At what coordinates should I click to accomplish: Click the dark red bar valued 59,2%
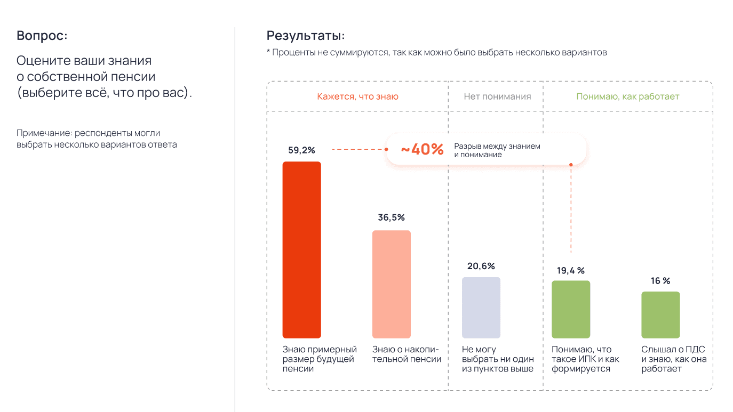pos(301,249)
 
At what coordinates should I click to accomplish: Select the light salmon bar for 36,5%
pos(391,284)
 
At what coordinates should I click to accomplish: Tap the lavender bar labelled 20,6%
pos(481,308)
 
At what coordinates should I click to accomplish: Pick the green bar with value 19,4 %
pos(571,309)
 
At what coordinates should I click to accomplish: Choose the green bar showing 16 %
pos(660,314)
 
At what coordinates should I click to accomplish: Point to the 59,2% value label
pos(301,150)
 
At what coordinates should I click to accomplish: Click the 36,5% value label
pos(391,217)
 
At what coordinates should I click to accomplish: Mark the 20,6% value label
pos(481,266)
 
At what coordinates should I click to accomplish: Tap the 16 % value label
pos(660,281)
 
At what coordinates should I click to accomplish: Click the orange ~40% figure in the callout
pos(422,150)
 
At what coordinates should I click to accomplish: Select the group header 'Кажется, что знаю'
pos(357,96)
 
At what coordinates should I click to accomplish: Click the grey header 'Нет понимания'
pos(497,96)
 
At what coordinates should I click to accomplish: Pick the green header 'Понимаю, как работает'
pos(627,96)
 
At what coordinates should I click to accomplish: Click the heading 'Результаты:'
pos(306,36)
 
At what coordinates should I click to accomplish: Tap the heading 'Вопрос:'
pos(42,36)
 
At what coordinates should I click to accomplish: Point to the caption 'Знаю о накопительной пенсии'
pos(407,354)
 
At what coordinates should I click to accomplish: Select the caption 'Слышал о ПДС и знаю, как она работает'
pos(674,359)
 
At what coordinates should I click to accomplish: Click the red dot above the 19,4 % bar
pos(571,165)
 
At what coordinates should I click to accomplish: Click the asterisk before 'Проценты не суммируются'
pos(269,52)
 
